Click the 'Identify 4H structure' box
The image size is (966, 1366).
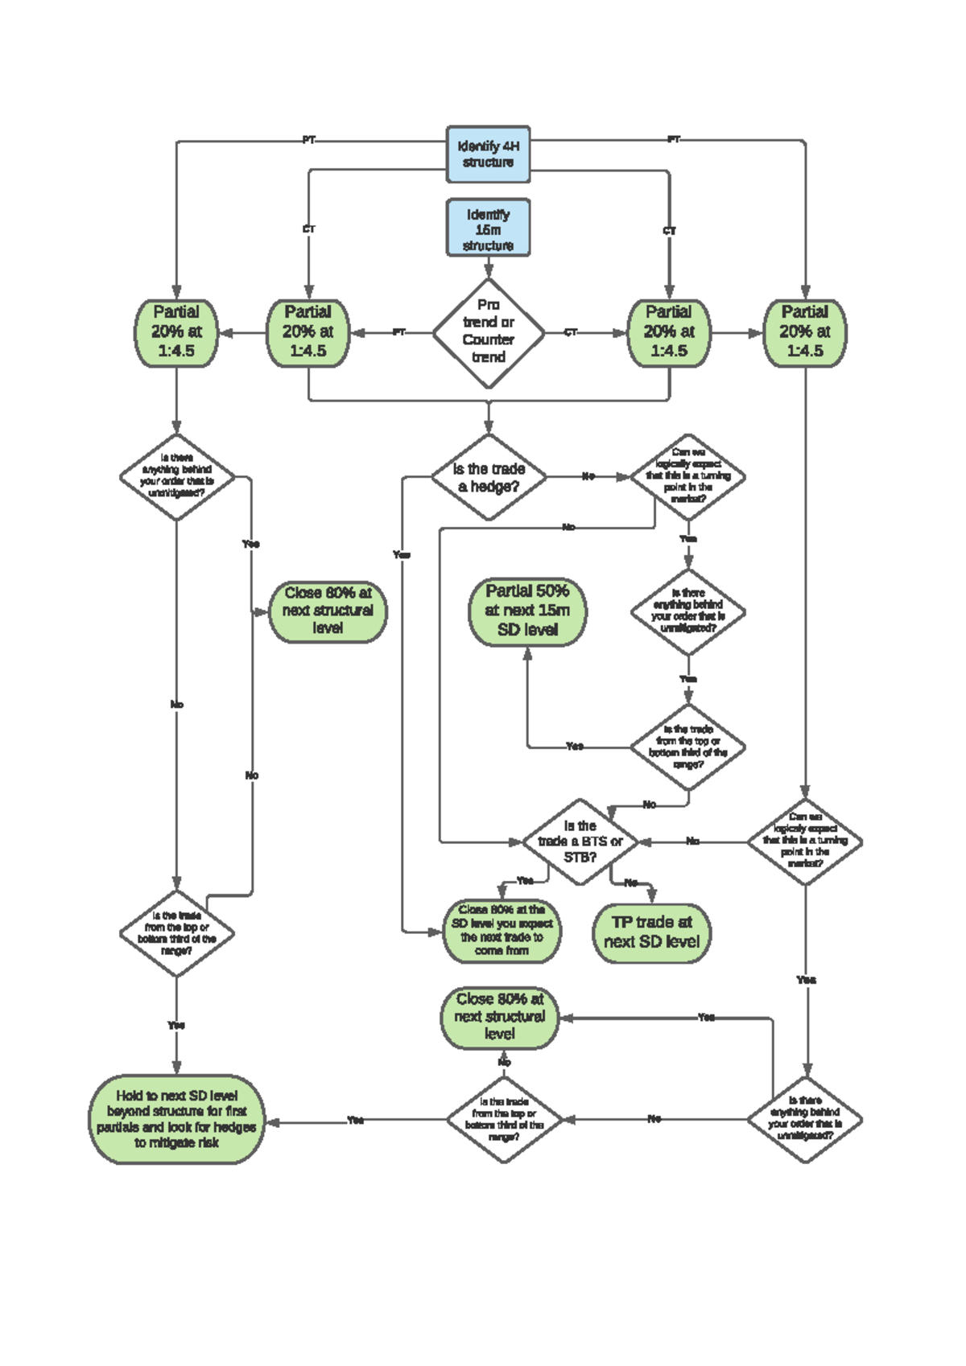click(488, 154)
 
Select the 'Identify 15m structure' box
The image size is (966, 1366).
click(488, 228)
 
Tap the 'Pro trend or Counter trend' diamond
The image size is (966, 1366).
click(488, 332)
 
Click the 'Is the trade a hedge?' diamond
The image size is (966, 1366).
click(488, 477)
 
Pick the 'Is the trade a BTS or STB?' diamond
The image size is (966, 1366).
click(580, 841)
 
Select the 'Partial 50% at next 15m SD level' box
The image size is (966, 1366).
click(527, 611)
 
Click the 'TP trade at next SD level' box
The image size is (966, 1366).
click(651, 932)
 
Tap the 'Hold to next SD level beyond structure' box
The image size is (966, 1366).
click(176, 1119)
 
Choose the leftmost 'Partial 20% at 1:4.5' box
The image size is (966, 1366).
click(176, 332)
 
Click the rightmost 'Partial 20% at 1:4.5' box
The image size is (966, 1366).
click(804, 332)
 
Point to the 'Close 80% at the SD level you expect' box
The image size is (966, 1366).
click(502, 931)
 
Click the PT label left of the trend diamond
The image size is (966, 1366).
click(399, 332)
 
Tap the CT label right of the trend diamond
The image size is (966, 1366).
click(570, 332)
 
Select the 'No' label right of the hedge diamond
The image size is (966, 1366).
click(588, 476)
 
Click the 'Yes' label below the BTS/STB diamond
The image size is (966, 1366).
click(525, 881)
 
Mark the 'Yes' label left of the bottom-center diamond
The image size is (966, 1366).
click(355, 1120)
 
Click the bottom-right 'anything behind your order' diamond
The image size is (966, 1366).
click(804, 1119)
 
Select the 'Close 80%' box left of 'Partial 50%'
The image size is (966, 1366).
click(328, 611)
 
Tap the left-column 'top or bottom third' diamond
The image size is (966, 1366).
click(176, 933)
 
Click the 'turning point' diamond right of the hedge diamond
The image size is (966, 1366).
click(687, 476)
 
